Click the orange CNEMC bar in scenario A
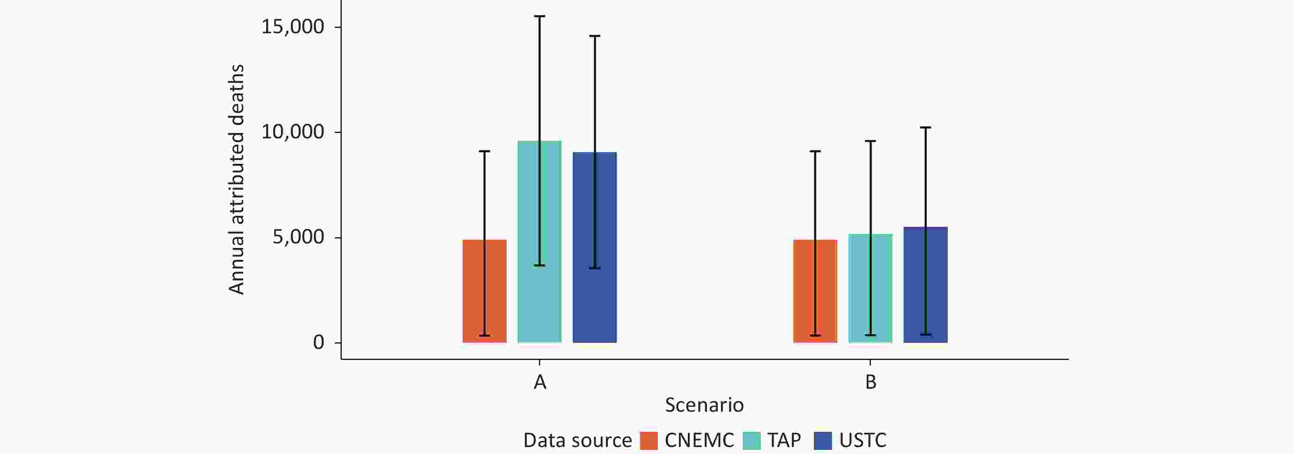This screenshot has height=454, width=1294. [484, 291]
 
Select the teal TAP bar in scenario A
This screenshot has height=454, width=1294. [539, 241]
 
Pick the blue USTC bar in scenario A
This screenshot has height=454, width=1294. [595, 248]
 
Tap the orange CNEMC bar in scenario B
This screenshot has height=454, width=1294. [815, 291]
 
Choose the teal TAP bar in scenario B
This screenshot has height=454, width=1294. [870, 289]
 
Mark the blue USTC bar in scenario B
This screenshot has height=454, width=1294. [925, 285]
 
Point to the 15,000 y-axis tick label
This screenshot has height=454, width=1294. [293, 27]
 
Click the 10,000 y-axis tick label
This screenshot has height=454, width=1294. [293, 132]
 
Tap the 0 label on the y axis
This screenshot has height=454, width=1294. [318, 342]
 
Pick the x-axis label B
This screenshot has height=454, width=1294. [870, 383]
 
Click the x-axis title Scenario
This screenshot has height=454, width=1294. [704, 405]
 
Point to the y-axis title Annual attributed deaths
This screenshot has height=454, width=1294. [236, 179]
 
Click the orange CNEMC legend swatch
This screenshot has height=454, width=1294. [649, 440]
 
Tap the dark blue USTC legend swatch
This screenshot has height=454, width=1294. [823, 440]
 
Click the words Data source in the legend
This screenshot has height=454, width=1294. [578, 440]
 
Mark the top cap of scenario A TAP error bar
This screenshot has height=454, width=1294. [539, 16]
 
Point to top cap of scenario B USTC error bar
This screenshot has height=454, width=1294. [925, 128]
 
